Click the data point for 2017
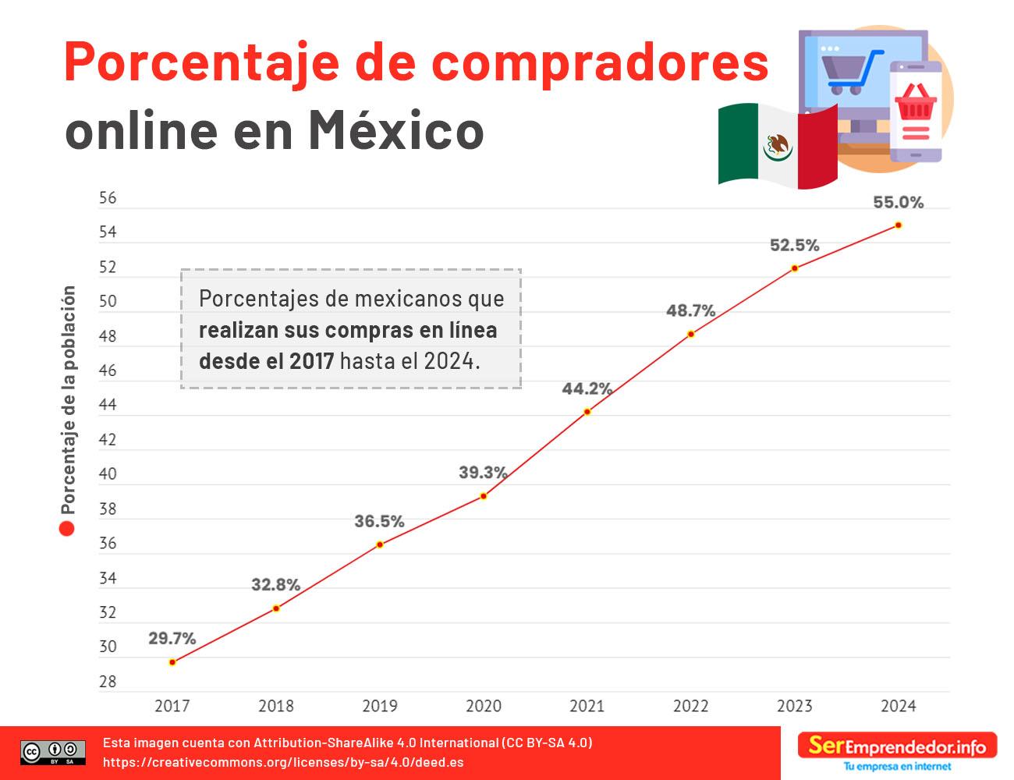tap(172, 662)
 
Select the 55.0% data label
tap(898, 203)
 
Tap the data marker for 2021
tap(587, 412)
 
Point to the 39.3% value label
tap(483, 473)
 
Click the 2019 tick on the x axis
tap(380, 707)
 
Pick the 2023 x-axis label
tap(794, 707)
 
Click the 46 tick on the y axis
tap(108, 370)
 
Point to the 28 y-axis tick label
tap(108, 682)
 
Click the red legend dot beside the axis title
tap(67, 529)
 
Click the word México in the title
tap(396, 129)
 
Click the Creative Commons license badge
tap(53, 753)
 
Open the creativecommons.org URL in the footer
tap(283, 762)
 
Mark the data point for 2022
tap(691, 335)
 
